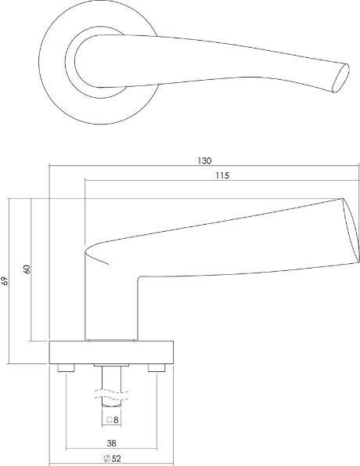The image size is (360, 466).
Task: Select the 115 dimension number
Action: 220,176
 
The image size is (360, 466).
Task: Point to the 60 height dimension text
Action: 27,269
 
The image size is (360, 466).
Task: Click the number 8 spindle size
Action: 116,420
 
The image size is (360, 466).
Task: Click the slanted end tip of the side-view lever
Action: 347,231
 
